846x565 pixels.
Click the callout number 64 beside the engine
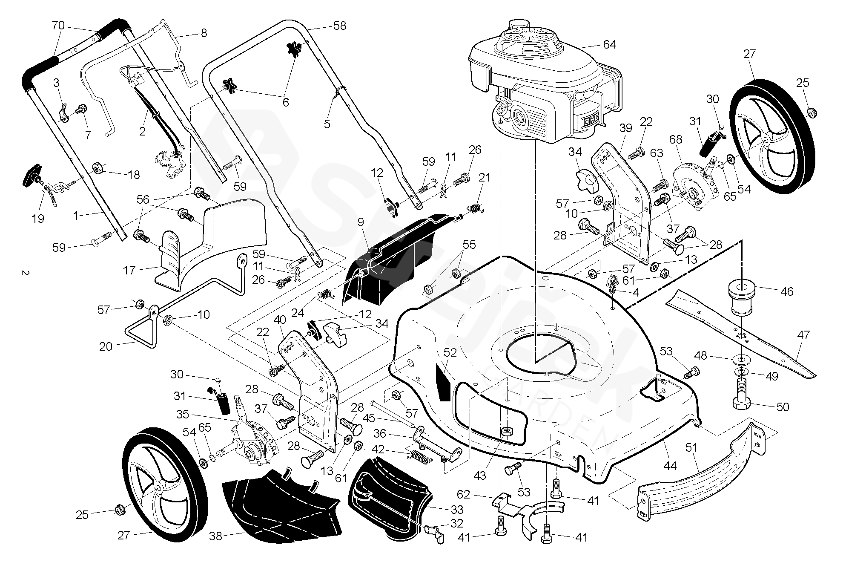[x=609, y=45]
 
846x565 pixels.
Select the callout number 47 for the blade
[x=803, y=335]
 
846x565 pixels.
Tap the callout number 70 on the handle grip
[x=58, y=26]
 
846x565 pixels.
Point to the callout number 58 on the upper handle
[x=340, y=26]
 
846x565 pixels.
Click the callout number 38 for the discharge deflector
[x=216, y=536]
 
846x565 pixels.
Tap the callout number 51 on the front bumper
[x=691, y=448]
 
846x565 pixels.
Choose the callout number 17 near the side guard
[x=129, y=270]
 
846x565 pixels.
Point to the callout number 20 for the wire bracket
[x=106, y=346]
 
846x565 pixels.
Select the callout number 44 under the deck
[x=670, y=466]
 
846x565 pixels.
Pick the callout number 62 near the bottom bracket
[x=463, y=494]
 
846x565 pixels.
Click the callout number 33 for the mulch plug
[x=457, y=509]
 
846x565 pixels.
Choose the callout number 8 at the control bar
[x=204, y=33]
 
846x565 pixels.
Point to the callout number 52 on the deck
[x=450, y=353]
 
